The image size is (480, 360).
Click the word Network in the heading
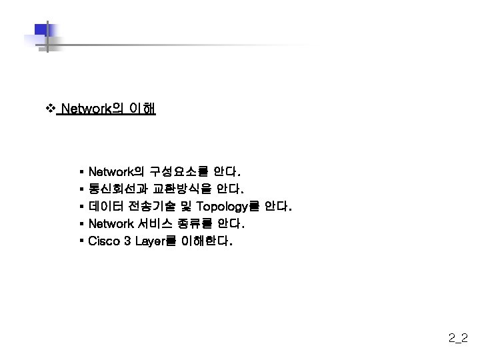coord(85,109)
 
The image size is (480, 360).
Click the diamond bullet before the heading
coord(49,108)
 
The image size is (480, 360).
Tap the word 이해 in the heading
coord(143,109)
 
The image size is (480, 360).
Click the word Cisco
coord(104,241)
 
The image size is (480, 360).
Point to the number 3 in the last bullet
coord(127,241)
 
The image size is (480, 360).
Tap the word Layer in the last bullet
coord(151,241)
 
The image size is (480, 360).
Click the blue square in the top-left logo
coord(41,31)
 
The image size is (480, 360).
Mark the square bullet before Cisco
coord(81,239)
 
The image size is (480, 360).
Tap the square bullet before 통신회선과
coord(81,189)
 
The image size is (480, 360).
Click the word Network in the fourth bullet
coord(111,223)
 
